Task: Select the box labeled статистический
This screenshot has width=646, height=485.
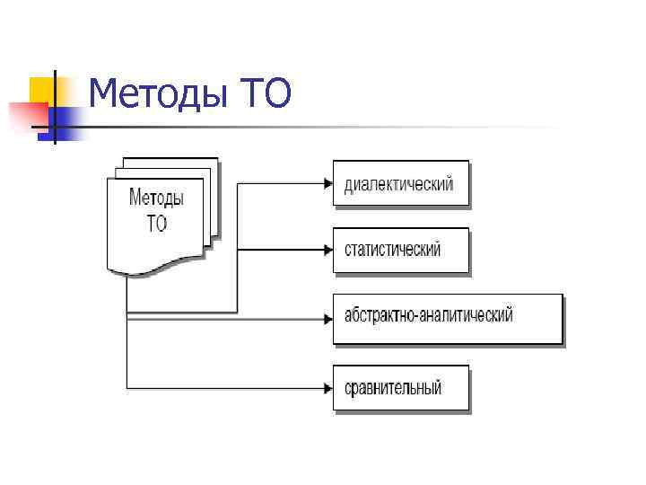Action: pyautogui.click(x=400, y=250)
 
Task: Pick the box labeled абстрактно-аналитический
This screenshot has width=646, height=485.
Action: pyautogui.click(x=447, y=317)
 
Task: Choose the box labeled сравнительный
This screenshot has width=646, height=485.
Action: pyautogui.click(x=400, y=388)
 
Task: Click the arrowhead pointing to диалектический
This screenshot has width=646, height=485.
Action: pyautogui.click(x=327, y=183)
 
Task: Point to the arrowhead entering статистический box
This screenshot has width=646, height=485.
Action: pyautogui.click(x=327, y=250)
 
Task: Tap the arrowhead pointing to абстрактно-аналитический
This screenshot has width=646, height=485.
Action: pyautogui.click(x=327, y=317)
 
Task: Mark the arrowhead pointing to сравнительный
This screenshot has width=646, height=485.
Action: pyautogui.click(x=327, y=388)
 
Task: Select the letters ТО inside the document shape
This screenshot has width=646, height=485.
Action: pyautogui.click(x=157, y=223)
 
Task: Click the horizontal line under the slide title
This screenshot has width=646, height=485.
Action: pyautogui.click(x=359, y=128)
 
